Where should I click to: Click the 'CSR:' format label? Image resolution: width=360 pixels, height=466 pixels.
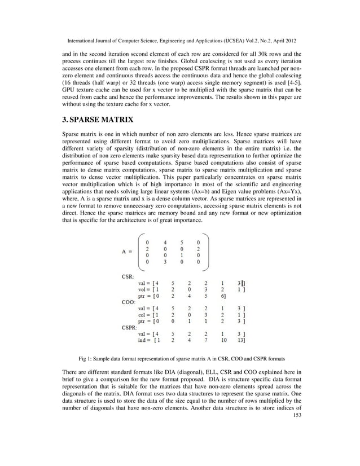129,276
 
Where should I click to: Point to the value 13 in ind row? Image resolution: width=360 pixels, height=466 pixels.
241,340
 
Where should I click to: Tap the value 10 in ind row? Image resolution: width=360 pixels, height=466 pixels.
223,340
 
